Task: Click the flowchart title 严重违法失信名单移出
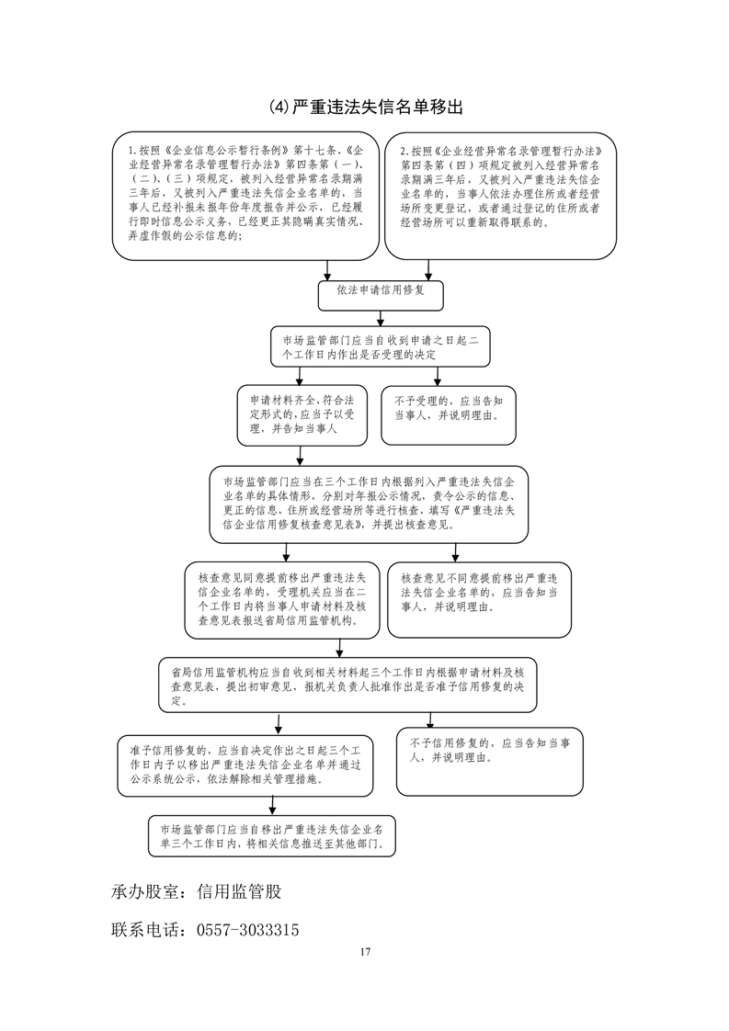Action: tap(366, 108)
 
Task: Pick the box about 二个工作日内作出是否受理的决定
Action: tap(382, 347)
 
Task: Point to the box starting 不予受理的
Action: tap(448, 409)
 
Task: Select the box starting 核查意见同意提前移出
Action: tap(283, 599)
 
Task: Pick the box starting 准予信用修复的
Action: tap(245, 765)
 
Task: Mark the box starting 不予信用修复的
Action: tap(490, 761)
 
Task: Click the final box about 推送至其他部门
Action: tap(272, 833)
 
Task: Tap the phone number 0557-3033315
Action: tap(247, 930)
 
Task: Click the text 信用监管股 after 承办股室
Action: tap(246, 891)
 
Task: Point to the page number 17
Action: tap(365, 952)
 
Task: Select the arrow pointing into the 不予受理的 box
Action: tap(438, 377)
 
